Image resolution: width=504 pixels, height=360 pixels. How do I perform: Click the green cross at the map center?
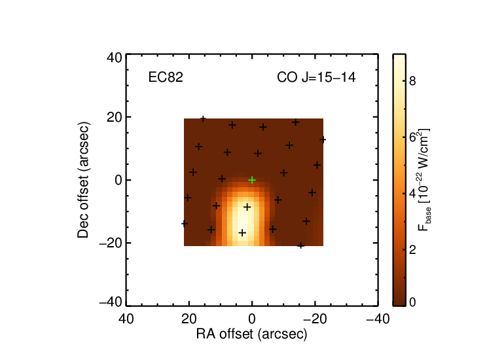pos(252,180)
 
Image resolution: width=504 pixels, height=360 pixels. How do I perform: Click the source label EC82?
pos(166,77)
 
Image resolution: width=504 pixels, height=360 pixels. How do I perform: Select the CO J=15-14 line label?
pos(316,77)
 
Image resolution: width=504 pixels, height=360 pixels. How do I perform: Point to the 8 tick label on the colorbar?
pos(412,81)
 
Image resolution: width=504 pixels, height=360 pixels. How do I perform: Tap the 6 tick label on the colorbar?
pos(412,137)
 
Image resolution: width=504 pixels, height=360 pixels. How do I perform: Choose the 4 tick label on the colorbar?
pos(412,194)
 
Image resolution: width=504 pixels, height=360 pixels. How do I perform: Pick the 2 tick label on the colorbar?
pos(412,250)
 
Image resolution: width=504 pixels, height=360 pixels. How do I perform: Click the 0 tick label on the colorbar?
pos(412,302)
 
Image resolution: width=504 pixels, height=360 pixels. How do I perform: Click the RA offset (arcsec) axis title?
pos(252,334)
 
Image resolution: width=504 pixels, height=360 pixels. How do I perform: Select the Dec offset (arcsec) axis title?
pos(83,180)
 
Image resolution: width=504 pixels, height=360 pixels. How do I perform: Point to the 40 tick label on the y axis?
pos(115,58)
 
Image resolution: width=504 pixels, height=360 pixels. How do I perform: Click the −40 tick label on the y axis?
pos(111,302)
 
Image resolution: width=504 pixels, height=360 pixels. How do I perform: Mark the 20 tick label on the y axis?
pos(115,117)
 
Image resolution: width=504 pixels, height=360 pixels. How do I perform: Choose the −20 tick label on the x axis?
pos(315,319)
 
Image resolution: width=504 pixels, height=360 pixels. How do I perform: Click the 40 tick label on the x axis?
pos(126,319)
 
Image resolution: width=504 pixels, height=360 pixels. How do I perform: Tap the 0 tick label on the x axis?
pos(252,319)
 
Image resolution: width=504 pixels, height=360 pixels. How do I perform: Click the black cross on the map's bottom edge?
pos(300,246)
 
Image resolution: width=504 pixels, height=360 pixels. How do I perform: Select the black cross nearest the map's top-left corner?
pos(203,119)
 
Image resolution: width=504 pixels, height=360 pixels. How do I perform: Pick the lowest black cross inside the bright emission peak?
pos(242,233)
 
